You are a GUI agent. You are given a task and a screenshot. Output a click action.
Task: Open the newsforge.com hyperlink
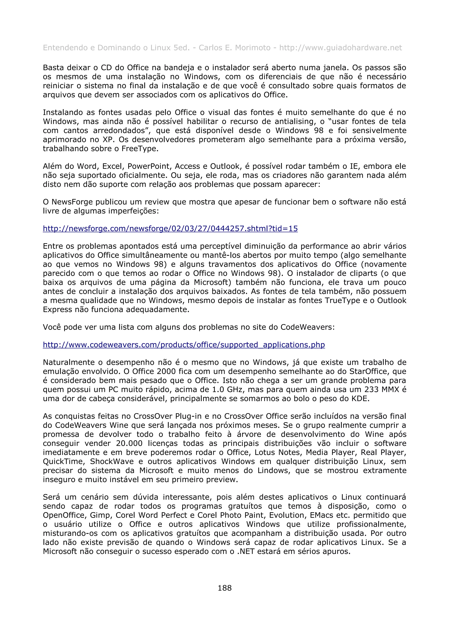[170, 229]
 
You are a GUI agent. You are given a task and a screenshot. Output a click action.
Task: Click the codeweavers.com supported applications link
[184, 345]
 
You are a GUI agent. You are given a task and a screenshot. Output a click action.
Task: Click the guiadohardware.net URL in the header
[340, 48]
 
